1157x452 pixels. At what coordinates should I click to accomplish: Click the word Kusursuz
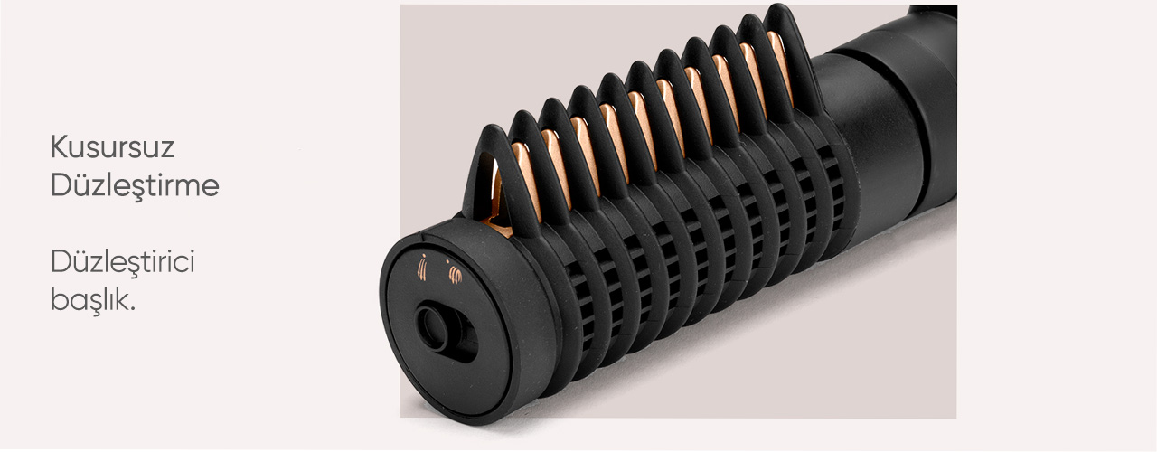click(112, 146)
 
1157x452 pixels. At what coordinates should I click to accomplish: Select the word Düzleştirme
click(135, 184)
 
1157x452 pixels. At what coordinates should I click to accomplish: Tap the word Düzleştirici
click(122, 262)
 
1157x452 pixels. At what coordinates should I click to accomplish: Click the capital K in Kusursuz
click(60, 146)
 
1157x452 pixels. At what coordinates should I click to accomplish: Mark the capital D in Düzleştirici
click(61, 263)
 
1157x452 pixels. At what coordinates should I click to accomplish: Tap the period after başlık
click(133, 309)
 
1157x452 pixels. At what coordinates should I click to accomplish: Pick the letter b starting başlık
click(59, 298)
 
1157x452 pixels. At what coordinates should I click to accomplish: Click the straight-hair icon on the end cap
click(422, 268)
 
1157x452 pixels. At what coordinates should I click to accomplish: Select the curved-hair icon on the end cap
click(455, 273)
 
